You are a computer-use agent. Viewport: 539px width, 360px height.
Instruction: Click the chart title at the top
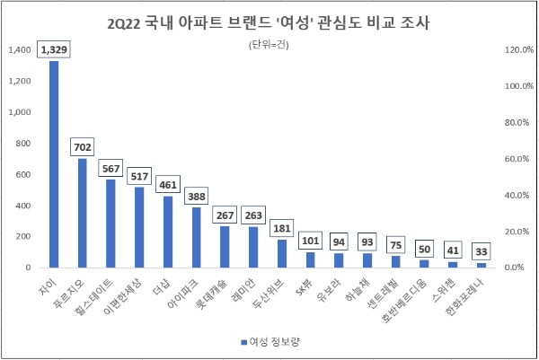click(269, 19)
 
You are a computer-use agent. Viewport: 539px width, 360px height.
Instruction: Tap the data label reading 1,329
click(54, 51)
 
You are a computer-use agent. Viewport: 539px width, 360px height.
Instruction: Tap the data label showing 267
click(224, 215)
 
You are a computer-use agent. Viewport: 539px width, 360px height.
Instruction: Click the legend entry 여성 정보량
click(274, 342)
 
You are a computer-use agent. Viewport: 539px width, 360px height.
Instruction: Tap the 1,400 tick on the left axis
click(19, 50)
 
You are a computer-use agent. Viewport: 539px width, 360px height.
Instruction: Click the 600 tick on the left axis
click(23, 174)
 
